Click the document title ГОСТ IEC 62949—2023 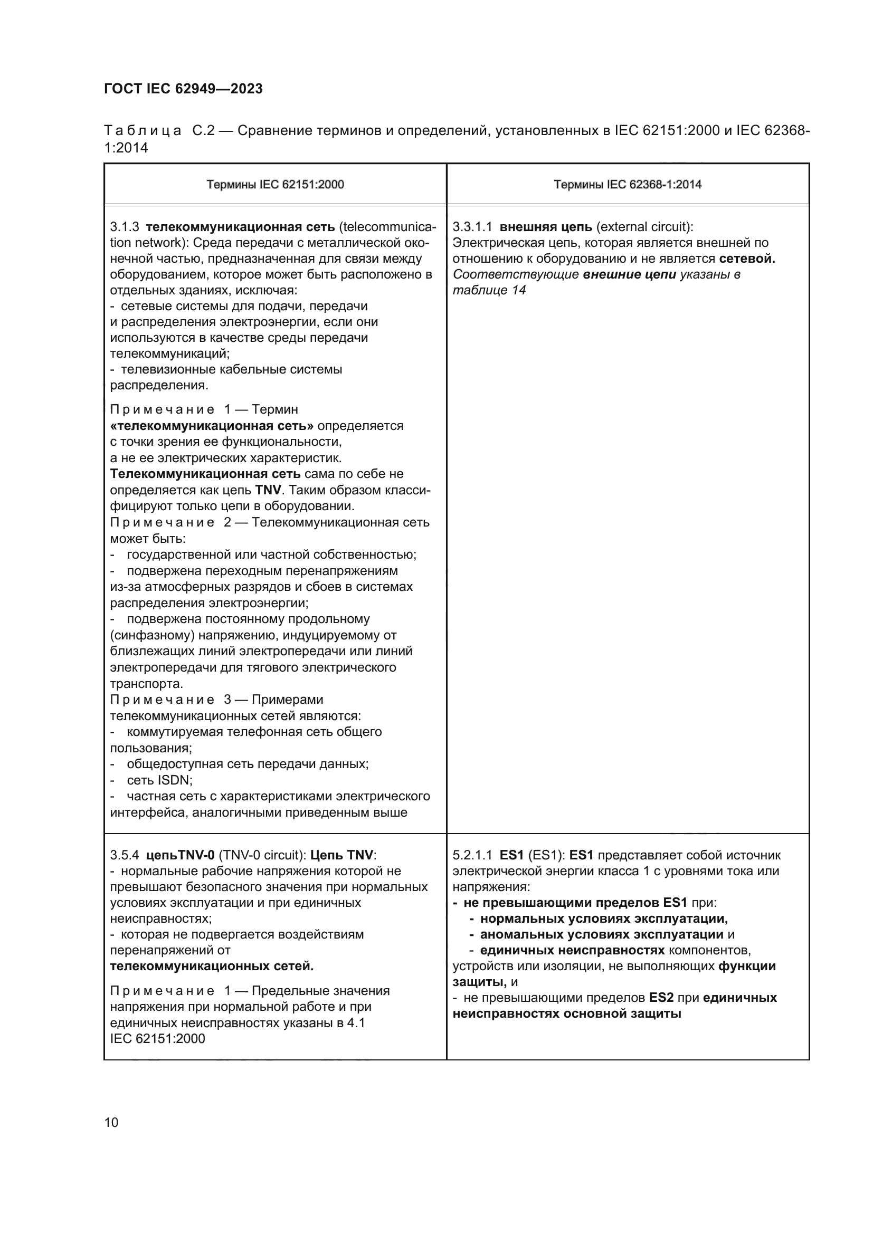click(183, 89)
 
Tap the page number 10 click(111, 1122)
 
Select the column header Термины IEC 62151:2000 click(275, 184)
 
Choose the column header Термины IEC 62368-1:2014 click(628, 184)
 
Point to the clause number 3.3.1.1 click(472, 227)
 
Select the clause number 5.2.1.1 click(472, 855)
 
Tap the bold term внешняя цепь click(546, 227)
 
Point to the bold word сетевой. click(747, 259)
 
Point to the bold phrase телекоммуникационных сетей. click(211, 966)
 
